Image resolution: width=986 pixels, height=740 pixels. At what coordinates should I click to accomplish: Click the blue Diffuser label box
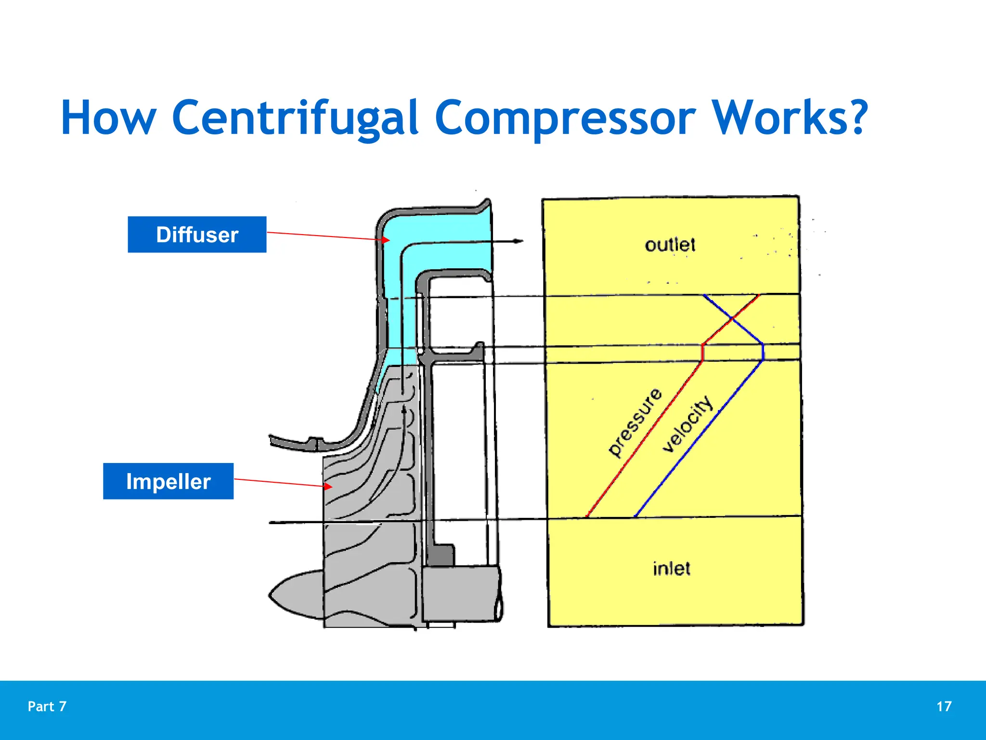(197, 235)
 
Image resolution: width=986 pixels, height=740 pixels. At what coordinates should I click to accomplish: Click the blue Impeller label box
(168, 481)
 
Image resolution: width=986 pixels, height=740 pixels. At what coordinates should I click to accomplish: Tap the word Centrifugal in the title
(295, 118)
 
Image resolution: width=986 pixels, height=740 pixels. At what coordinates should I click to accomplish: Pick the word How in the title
(108, 118)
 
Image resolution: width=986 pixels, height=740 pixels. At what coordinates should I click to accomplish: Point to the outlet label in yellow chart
(670, 245)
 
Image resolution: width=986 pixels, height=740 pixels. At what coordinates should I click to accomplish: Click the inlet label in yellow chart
(671, 568)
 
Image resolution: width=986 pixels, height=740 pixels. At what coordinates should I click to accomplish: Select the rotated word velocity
(687, 424)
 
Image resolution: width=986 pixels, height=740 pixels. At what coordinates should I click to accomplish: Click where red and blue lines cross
(732, 318)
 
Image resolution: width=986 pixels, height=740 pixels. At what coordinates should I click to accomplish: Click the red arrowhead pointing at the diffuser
(386, 239)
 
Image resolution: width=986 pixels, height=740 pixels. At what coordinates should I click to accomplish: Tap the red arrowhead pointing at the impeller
(328, 487)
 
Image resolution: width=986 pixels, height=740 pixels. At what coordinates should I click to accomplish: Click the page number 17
(944, 706)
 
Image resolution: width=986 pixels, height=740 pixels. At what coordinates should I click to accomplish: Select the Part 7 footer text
(47, 706)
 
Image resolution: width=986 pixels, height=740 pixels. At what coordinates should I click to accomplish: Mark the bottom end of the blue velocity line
(636, 516)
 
